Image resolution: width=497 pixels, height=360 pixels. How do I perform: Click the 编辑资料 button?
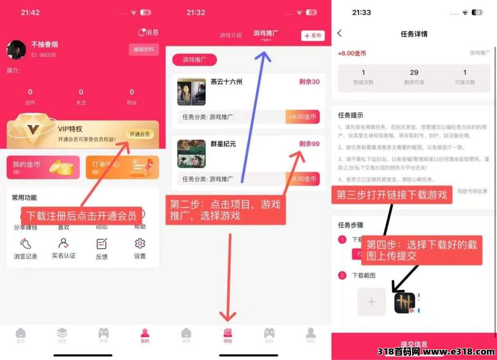[x=144, y=50]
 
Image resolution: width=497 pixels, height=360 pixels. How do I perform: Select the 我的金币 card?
[x=43, y=167]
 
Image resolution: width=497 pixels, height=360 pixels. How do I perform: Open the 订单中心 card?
[x=122, y=167]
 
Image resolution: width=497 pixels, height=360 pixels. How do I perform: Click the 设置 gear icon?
[x=140, y=244]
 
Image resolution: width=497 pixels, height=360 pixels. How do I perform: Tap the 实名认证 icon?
[x=64, y=244]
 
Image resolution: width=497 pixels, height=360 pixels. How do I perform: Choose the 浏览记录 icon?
[x=25, y=244]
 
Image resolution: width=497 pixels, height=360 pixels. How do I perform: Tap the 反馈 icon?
[x=102, y=244]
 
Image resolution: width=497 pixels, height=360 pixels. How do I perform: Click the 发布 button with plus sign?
[x=313, y=35]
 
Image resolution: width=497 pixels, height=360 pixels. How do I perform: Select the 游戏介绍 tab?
[x=231, y=35]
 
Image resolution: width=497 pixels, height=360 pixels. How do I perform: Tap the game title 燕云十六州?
[x=227, y=82]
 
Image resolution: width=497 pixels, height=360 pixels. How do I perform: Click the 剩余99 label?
[x=309, y=144]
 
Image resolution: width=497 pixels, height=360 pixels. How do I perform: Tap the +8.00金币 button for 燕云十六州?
[x=302, y=117]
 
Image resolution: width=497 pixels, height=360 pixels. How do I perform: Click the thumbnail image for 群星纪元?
[x=191, y=154]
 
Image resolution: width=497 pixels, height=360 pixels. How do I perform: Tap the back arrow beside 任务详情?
[x=339, y=33]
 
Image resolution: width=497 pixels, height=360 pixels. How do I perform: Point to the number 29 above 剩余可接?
[x=414, y=72]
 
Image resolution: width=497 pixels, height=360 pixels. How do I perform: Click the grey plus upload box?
[x=372, y=302]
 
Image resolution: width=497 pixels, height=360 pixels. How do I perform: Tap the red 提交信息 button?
[x=414, y=344]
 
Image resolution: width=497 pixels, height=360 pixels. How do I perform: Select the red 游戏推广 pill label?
[x=194, y=60]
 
